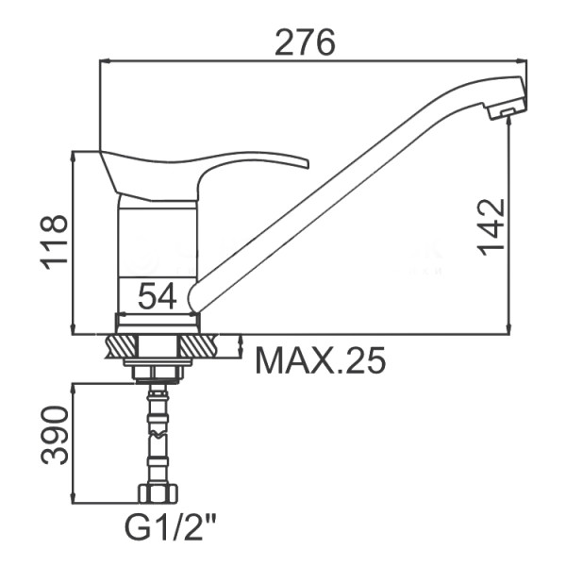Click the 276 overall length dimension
(x=305, y=42)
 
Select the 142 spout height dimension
(x=491, y=226)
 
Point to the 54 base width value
(x=158, y=296)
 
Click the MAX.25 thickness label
(x=320, y=360)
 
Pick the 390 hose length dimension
(x=54, y=435)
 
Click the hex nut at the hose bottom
(x=158, y=493)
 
